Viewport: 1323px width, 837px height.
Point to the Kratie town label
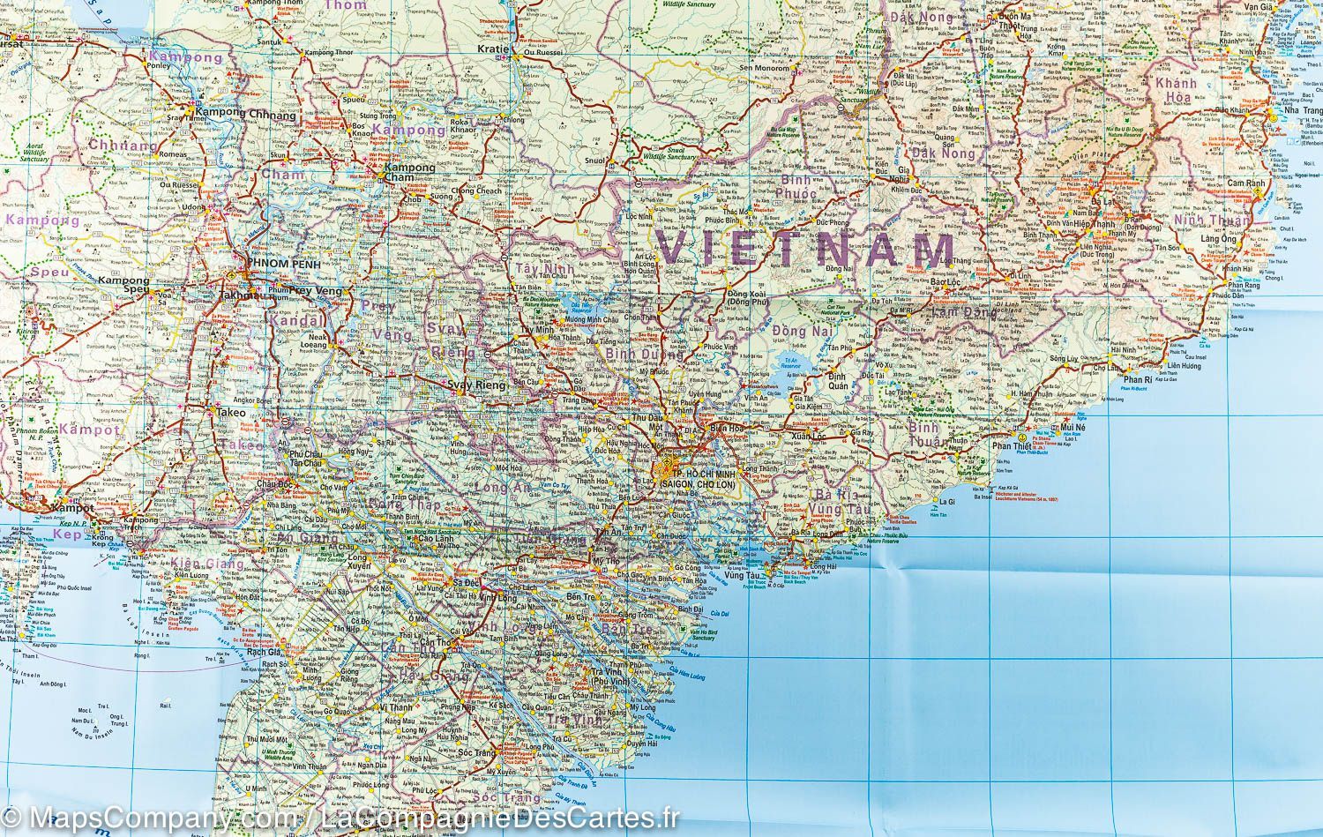tap(493, 49)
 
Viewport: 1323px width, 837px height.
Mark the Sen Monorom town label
tap(764, 68)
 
